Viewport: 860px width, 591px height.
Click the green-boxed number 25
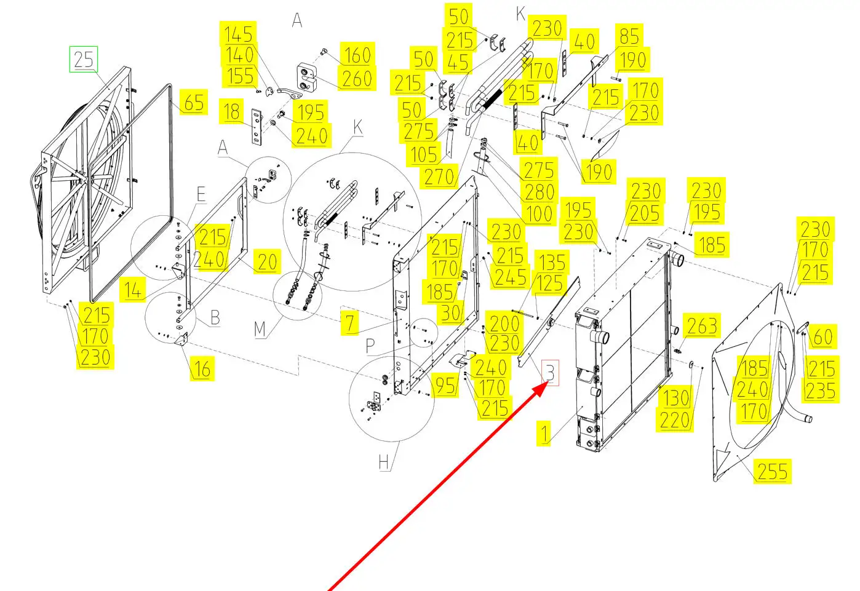point(84,60)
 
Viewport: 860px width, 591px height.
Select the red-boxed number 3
point(550,373)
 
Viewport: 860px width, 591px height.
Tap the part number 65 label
point(194,103)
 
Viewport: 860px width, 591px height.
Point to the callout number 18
point(231,112)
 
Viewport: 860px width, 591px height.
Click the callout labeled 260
point(357,79)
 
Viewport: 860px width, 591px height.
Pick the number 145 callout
point(239,34)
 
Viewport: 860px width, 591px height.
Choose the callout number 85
point(629,36)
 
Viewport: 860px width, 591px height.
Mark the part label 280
point(539,192)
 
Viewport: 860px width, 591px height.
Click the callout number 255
point(773,471)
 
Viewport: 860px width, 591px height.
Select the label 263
point(702,326)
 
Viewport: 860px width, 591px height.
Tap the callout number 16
point(202,369)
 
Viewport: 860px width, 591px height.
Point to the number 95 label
point(445,385)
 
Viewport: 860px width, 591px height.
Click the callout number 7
point(350,322)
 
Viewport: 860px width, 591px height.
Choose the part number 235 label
point(821,391)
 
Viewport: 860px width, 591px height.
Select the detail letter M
point(260,329)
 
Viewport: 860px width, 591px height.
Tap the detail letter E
point(201,194)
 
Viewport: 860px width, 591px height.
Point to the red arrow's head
point(541,389)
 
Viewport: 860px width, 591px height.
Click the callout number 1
point(544,434)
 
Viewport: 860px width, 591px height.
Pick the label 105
point(424,154)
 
